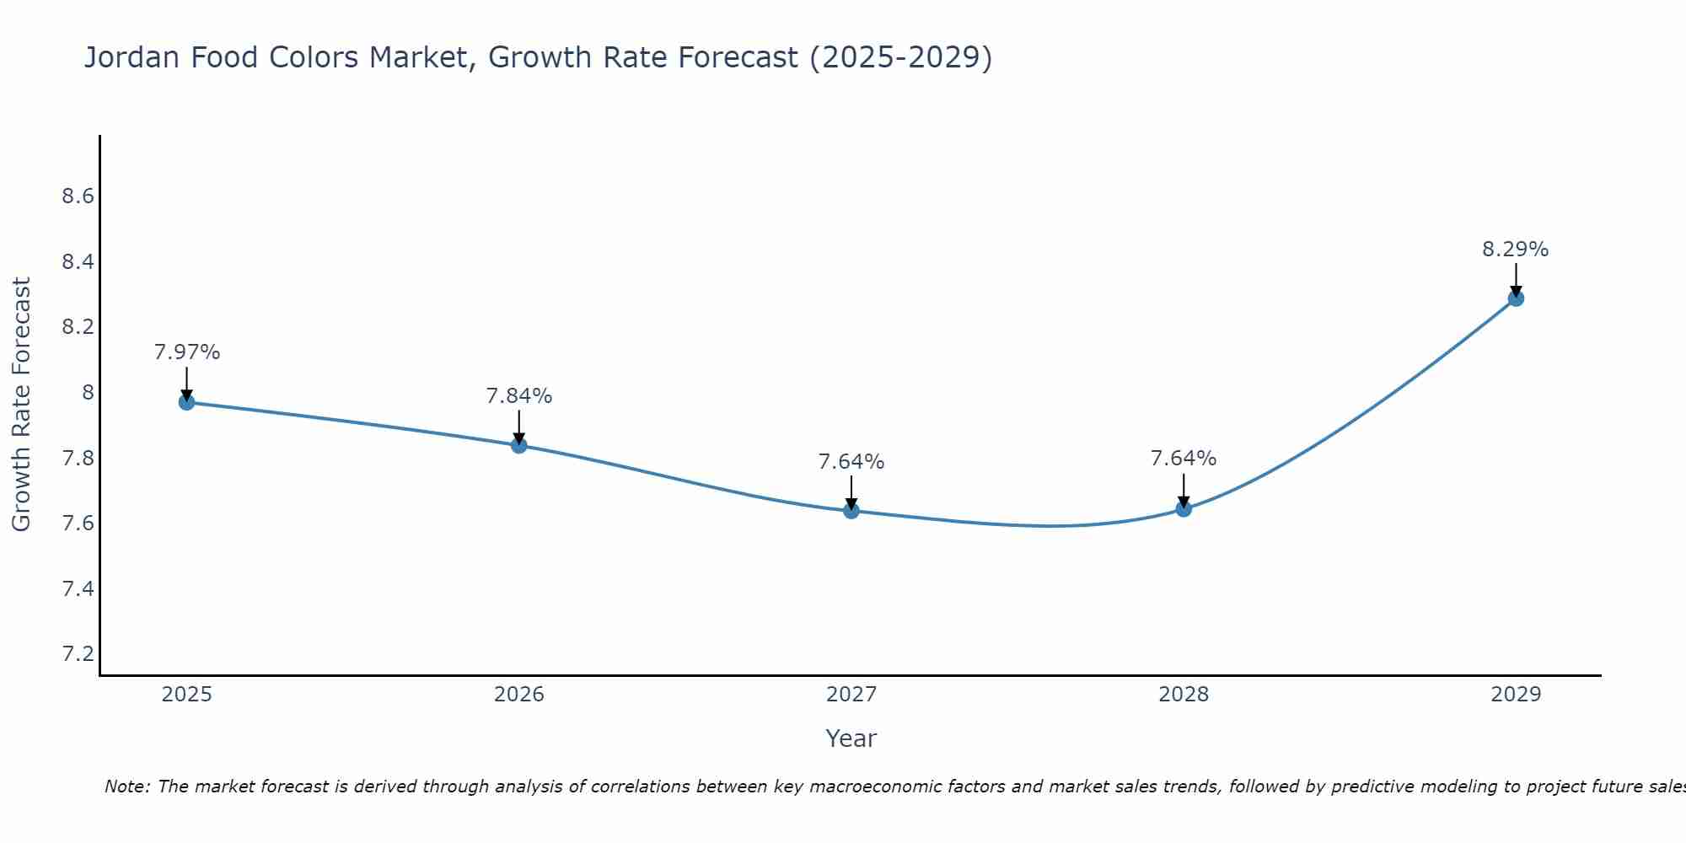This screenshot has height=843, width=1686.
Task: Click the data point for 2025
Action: pyautogui.click(x=186, y=402)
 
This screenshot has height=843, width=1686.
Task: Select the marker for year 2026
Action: pyautogui.click(x=519, y=445)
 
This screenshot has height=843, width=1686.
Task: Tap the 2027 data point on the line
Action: pyautogui.click(x=851, y=510)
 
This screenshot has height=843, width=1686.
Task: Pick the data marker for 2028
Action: pyautogui.click(x=1184, y=508)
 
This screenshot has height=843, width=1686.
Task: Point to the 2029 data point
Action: pyautogui.click(x=1516, y=298)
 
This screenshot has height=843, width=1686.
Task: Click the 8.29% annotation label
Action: pyautogui.click(x=1515, y=250)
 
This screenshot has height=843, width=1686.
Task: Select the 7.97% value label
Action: pyautogui.click(x=186, y=352)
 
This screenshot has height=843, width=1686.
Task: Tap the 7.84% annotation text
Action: pyautogui.click(x=519, y=396)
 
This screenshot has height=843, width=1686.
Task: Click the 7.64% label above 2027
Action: pyautogui.click(x=851, y=462)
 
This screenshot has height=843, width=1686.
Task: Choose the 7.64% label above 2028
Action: pyautogui.click(x=1184, y=459)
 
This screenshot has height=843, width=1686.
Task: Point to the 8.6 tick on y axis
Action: pyautogui.click(x=78, y=196)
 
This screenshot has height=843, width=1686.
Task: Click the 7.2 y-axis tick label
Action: pyautogui.click(x=78, y=654)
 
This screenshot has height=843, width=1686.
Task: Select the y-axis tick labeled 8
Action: pyautogui.click(x=88, y=393)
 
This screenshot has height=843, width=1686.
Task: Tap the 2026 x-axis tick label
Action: pyautogui.click(x=519, y=695)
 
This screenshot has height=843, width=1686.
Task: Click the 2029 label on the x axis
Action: pyautogui.click(x=1516, y=695)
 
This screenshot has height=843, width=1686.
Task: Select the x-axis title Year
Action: pyautogui.click(x=851, y=738)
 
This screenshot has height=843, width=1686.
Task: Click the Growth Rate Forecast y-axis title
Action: pyautogui.click(x=21, y=405)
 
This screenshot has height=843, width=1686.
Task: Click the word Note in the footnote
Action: pyautogui.click(x=126, y=787)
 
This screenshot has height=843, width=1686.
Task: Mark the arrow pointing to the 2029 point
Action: pyautogui.click(x=1516, y=278)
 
